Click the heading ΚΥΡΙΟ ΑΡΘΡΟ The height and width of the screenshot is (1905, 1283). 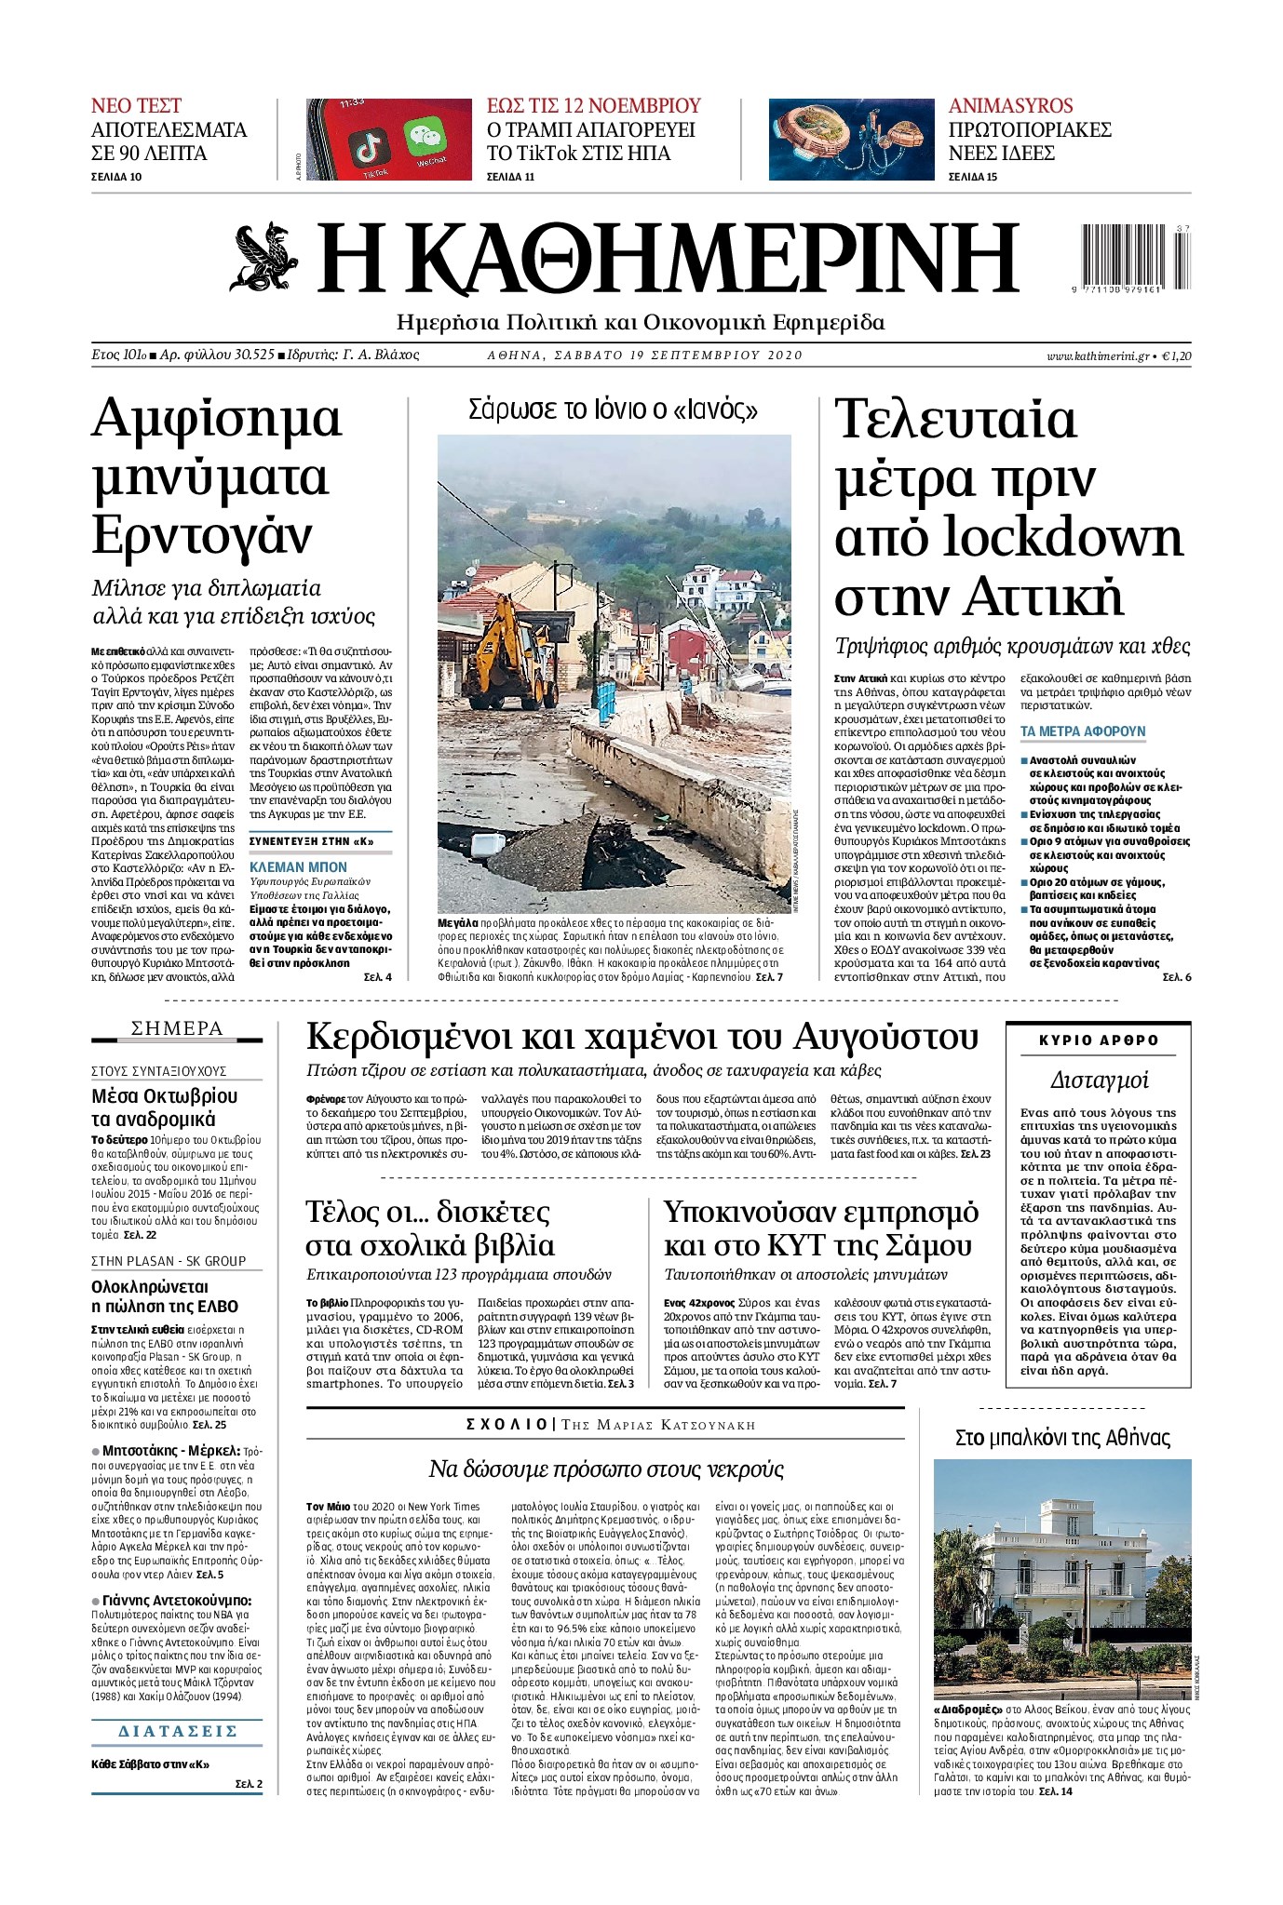click(x=1099, y=1040)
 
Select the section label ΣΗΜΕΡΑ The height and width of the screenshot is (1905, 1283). click(x=177, y=1028)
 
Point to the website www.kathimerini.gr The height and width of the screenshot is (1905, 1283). click(x=1097, y=356)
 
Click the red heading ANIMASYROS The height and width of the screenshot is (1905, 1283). click(x=1010, y=105)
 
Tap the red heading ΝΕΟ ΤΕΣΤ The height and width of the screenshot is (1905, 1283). click(x=136, y=105)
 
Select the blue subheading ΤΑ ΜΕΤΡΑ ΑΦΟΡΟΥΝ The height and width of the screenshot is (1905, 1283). click(x=1083, y=731)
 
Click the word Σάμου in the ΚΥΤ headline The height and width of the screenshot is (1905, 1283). click(x=924, y=1244)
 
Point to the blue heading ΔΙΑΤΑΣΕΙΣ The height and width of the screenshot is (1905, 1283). click(x=178, y=1731)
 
